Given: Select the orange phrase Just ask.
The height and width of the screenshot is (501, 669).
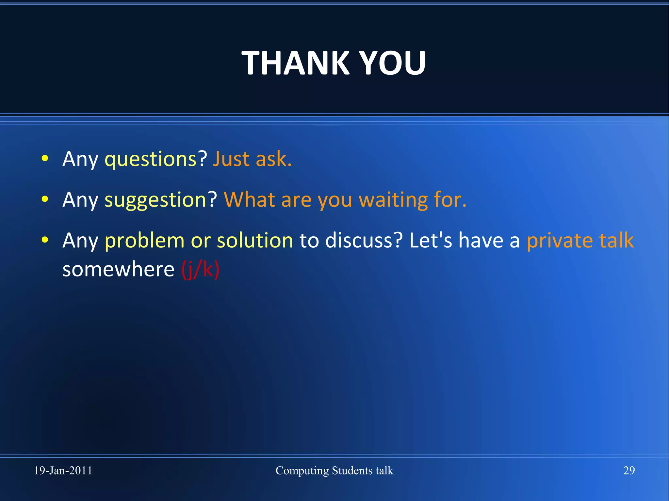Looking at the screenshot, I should pyautogui.click(x=252, y=159).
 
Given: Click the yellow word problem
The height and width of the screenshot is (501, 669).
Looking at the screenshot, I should pyautogui.click(x=144, y=241).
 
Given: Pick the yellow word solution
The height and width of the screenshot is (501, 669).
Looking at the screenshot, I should pyautogui.click(x=255, y=241).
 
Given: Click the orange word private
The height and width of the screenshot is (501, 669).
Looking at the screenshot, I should pyautogui.click(x=560, y=241).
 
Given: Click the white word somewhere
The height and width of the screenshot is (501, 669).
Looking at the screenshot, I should pyautogui.click(x=118, y=270).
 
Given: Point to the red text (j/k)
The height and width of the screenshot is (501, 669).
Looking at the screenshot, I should pyautogui.click(x=200, y=270).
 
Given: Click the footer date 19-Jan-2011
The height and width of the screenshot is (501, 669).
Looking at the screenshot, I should pyautogui.click(x=63, y=470).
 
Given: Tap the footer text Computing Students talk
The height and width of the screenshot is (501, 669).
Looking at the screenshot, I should pyautogui.click(x=334, y=470).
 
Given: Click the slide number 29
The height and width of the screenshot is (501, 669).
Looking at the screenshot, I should pyautogui.click(x=629, y=470).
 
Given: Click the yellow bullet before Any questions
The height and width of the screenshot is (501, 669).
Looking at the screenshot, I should pyautogui.click(x=45, y=159).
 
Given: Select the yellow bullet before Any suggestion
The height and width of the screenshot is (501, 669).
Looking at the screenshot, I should pyautogui.click(x=45, y=199).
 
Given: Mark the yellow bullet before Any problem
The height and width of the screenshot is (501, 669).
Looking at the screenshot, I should pyautogui.click(x=45, y=240).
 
